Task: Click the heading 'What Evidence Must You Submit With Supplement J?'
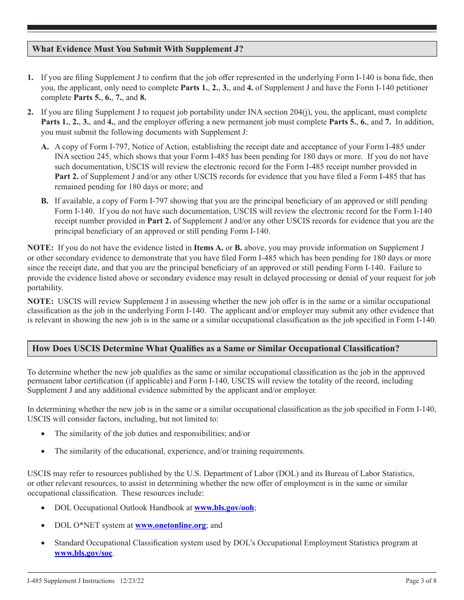click(x=137, y=49)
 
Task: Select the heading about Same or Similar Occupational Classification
click(x=215, y=348)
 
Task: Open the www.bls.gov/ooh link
click(x=224, y=508)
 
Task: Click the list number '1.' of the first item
click(x=30, y=78)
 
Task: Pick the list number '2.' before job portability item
click(x=30, y=112)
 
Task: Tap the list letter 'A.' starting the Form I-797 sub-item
click(x=45, y=147)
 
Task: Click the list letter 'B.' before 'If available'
click(x=45, y=201)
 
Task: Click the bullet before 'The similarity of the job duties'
click(x=44, y=434)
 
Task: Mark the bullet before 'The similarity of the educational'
click(x=44, y=451)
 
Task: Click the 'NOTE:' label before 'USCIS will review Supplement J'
click(x=41, y=301)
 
